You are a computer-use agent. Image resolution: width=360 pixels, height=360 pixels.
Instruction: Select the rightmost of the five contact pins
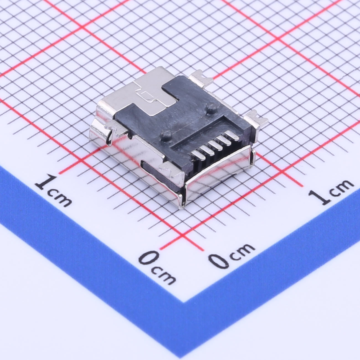point(232,136)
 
